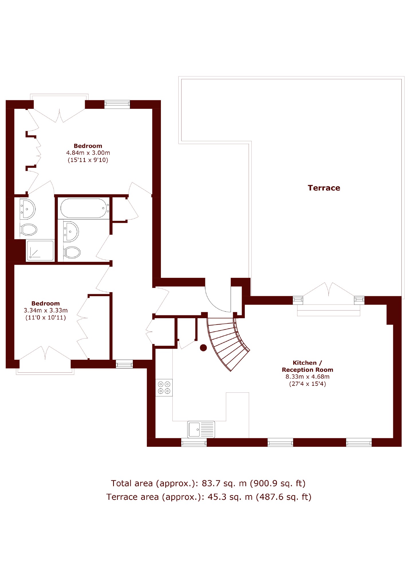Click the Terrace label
pyautogui.click(x=324, y=188)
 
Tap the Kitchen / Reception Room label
pyautogui.click(x=307, y=366)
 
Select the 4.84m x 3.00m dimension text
pyautogui.click(x=88, y=153)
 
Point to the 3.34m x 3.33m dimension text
pyautogui.click(x=46, y=310)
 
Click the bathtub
pyautogui.click(x=85, y=208)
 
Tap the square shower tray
pyautogui.click(x=40, y=251)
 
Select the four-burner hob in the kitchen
pyautogui.click(x=164, y=388)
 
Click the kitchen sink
pyautogui.click(x=201, y=429)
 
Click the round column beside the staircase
pyautogui.click(x=203, y=348)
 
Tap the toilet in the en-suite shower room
pyautogui.click(x=29, y=229)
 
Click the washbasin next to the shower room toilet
pyautogui.click(x=27, y=209)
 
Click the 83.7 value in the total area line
pyautogui.click(x=211, y=483)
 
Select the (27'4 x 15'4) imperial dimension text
pyautogui.click(x=307, y=384)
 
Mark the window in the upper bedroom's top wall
pyautogui.click(x=117, y=104)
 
